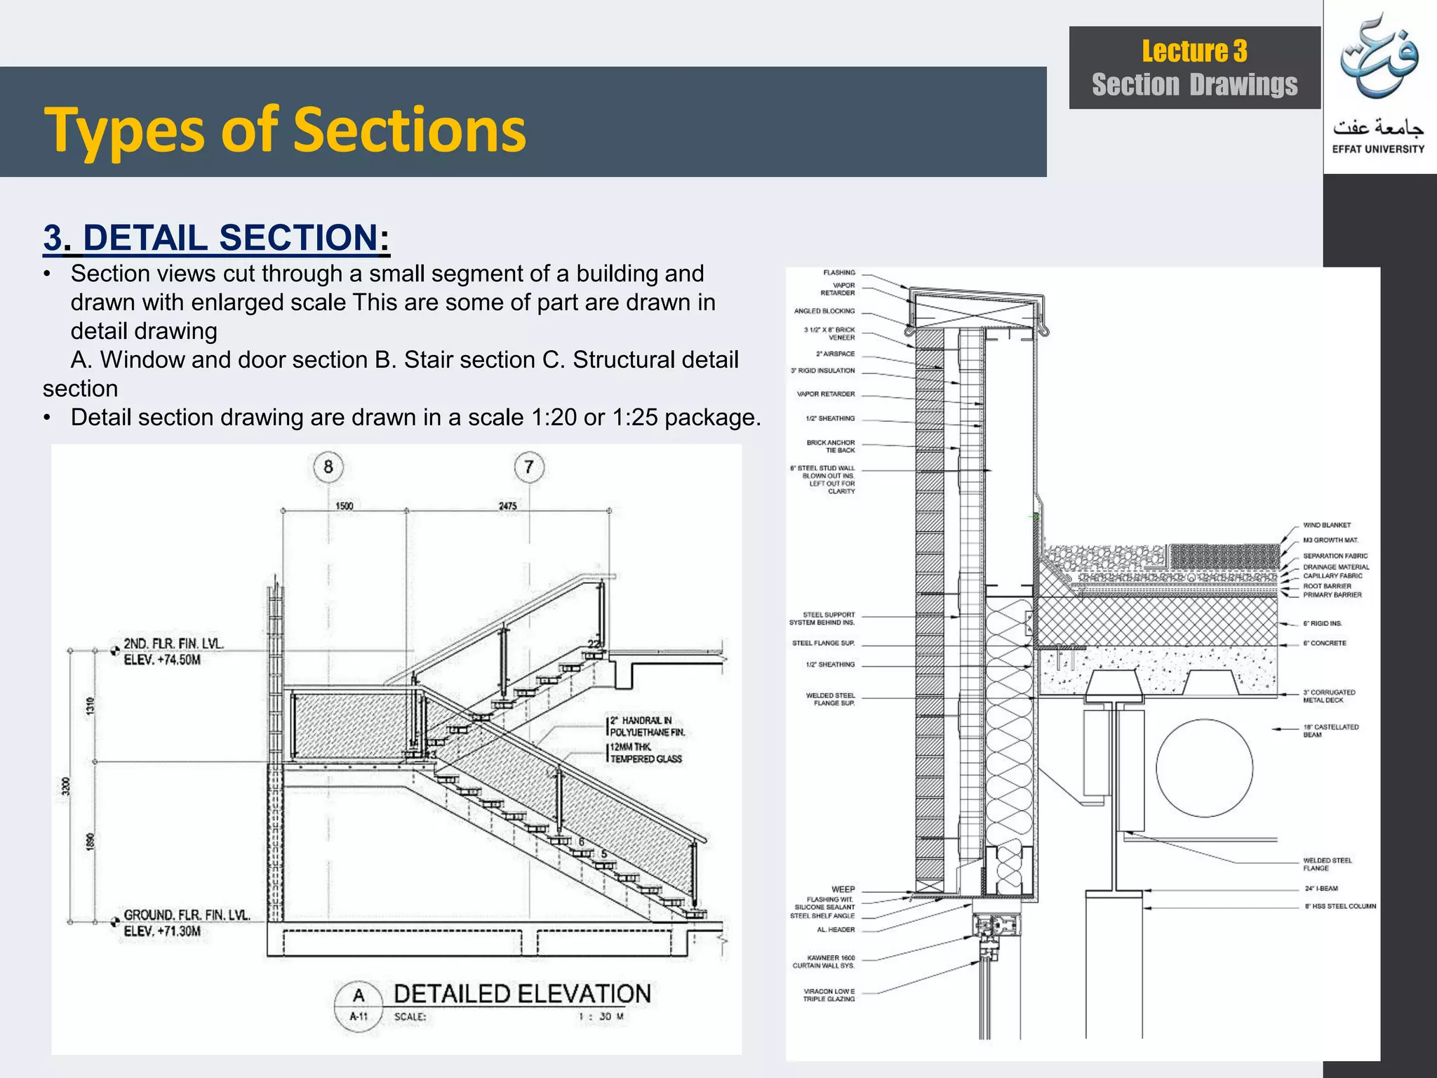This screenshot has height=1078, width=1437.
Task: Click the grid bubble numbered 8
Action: click(328, 467)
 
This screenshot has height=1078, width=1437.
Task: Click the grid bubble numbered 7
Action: click(529, 467)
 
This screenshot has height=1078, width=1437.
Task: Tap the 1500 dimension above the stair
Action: click(344, 506)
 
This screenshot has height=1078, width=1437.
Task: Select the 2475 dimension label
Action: click(507, 506)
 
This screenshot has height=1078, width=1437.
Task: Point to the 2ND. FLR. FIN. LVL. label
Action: click(173, 644)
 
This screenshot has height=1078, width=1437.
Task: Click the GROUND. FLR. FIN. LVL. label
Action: click(187, 915)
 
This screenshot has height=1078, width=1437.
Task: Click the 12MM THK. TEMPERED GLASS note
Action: click(646, 753)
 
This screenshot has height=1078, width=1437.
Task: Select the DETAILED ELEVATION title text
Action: click(522, 994)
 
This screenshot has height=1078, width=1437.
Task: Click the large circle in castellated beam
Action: click(1204, 768)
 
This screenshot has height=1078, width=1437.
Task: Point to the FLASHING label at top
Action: click(839, 272)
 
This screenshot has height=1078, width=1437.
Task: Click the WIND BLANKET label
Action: click(1327, 525)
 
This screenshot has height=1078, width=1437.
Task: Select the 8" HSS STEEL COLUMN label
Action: click(1340, 906)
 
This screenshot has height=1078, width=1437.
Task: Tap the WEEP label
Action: click(843, 889)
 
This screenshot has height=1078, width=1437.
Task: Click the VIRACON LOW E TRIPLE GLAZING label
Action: click(829, 995)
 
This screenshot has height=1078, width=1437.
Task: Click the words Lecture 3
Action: click(1194, 51)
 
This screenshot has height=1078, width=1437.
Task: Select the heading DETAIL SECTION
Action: click(216, 237)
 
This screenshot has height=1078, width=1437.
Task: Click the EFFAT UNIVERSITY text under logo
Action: click(1378, 149)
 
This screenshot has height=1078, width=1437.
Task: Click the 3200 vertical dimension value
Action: click(66, 787)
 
